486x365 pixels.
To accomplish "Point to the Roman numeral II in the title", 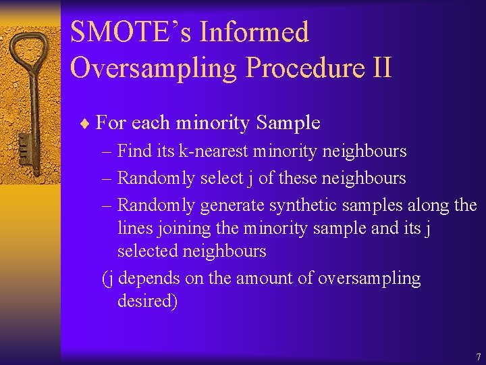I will click(381, 68).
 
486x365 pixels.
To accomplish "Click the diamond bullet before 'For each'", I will click(84, 123).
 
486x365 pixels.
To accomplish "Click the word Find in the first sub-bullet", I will click(135, 151).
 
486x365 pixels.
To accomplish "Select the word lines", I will click(135, 228).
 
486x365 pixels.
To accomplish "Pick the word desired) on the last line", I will click(147, 301).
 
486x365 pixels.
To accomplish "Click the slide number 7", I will click(478, 357).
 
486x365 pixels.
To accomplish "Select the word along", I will click(428, 205).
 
